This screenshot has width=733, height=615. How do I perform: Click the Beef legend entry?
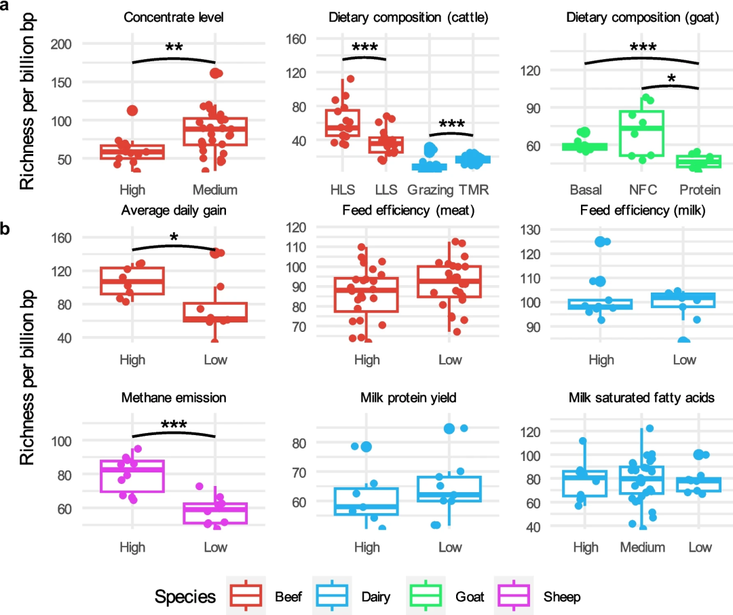[265, 597]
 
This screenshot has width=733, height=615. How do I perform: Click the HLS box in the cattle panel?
[343, 123]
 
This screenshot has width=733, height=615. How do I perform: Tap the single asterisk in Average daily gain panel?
[174, 238]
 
